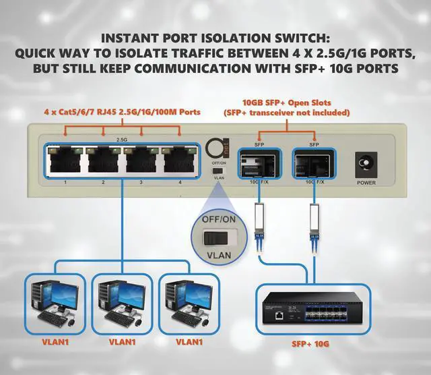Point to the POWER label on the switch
coord(366,182)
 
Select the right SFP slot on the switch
coord(312,163)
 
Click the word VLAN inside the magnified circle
coord(218,256)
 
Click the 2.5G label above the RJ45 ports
coord(122,140)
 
